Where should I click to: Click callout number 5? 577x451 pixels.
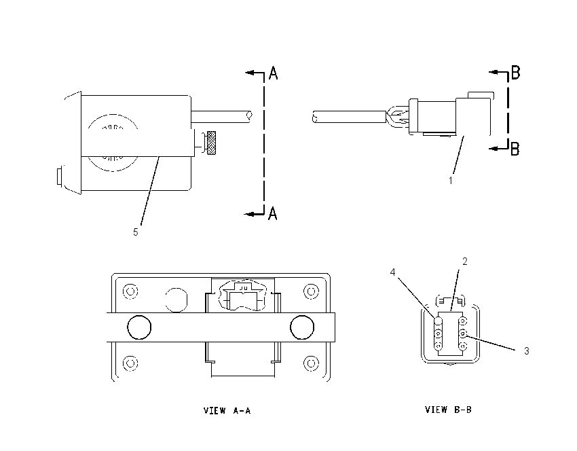coord(135,232)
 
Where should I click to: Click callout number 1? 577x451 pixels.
coord(451,181)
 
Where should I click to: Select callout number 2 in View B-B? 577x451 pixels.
coord(465,261)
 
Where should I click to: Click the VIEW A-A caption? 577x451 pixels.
coord(227,410)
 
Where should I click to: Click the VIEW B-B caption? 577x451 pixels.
coord(448,410)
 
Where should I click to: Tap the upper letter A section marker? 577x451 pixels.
coord(273,73)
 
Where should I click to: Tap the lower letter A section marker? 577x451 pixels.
coord(272,213)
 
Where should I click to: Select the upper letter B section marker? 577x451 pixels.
coord(515,72)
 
